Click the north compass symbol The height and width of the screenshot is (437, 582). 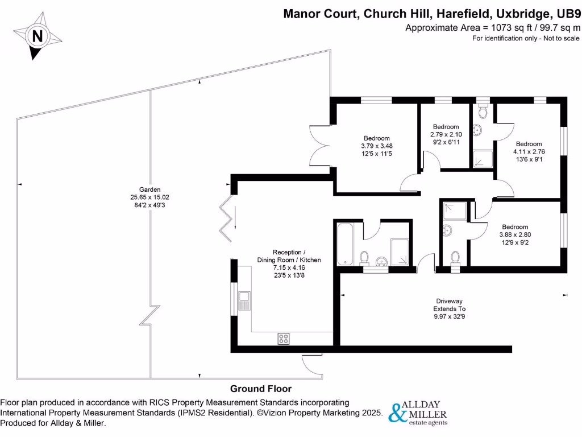pos(38,36)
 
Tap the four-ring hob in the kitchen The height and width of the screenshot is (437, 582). pos(284,339)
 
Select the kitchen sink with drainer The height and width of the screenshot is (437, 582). pos(244,300)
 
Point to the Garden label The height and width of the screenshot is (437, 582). pos(150,189)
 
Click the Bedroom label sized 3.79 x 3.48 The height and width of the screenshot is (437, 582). pos(377,138)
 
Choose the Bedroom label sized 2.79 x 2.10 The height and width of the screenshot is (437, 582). pos(446,126)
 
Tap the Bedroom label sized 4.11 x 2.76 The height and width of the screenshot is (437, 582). pos(529,144)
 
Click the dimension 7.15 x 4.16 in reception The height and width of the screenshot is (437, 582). pos(297,267)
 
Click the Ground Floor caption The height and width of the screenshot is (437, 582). pos(261,389)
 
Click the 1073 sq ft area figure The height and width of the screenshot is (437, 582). pos(495,27)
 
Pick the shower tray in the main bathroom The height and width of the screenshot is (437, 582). pos(400,252)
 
